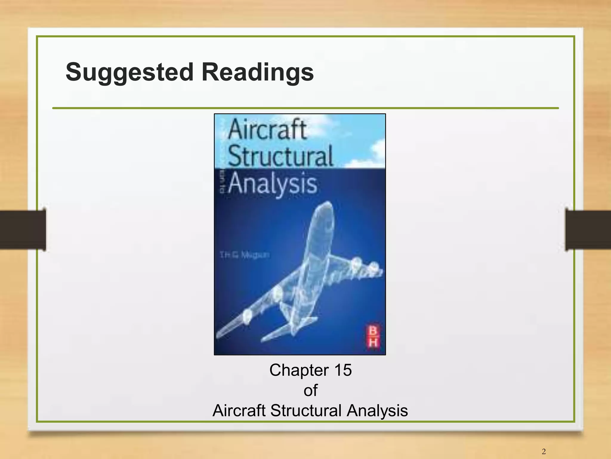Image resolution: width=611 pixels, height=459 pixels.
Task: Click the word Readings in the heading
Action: tap(257, 73)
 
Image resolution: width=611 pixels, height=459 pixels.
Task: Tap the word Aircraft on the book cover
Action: tap(267, 130)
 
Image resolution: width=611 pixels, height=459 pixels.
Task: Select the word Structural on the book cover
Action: tap(280, 156)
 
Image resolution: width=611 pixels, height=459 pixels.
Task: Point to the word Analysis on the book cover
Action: tap(273, 183)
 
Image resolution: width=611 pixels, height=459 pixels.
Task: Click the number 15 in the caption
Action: tap(343, 370)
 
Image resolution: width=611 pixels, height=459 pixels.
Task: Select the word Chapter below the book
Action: tap(299, 370)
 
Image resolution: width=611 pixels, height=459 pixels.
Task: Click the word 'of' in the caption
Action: tap(310, 390)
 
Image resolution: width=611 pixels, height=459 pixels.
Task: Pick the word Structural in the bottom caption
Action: tap(306, 410)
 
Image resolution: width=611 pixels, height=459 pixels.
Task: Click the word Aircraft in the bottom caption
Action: tap(239, 410)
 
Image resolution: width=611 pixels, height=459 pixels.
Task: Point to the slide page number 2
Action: tap(544, 451)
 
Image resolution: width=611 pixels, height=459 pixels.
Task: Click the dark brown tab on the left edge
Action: tap(23, 229)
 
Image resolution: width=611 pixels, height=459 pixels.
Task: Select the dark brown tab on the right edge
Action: tap(588, 229)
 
